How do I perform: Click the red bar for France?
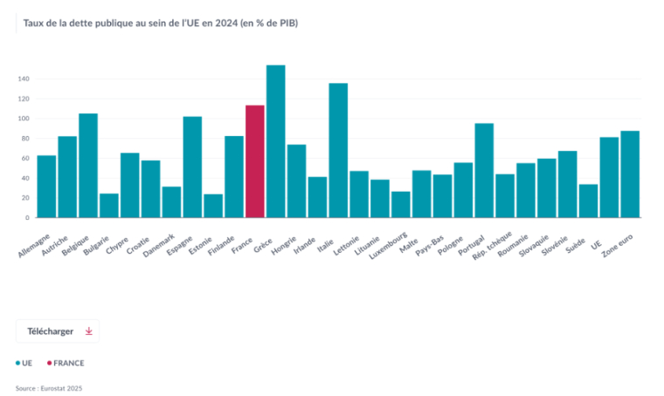click(x=255, y=161)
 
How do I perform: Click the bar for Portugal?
click(x=484, y=170)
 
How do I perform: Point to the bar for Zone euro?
click(x=630, y=174)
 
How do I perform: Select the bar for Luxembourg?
click(x=401, y=205)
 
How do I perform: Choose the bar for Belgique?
click(x=88, y=166)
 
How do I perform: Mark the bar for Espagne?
click(x=192, y=167)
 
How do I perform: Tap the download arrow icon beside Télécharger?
click(x=88, y=331)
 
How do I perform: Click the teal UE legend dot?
click(x=18, y=363)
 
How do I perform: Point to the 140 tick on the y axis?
click(x=24, y=79)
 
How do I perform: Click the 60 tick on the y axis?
click(x=25, y=158)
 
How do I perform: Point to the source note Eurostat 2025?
click(x=49, y=388)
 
